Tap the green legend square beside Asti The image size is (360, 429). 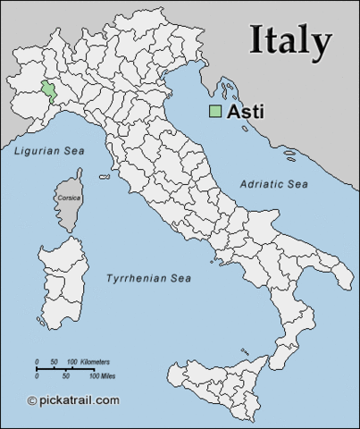215,112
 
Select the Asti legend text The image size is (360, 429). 246,112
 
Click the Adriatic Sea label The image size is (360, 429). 274,183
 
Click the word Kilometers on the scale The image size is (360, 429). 95,361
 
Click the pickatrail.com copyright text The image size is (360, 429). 79,400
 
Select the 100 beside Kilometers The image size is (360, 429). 72,361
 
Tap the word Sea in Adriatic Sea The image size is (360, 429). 296,183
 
